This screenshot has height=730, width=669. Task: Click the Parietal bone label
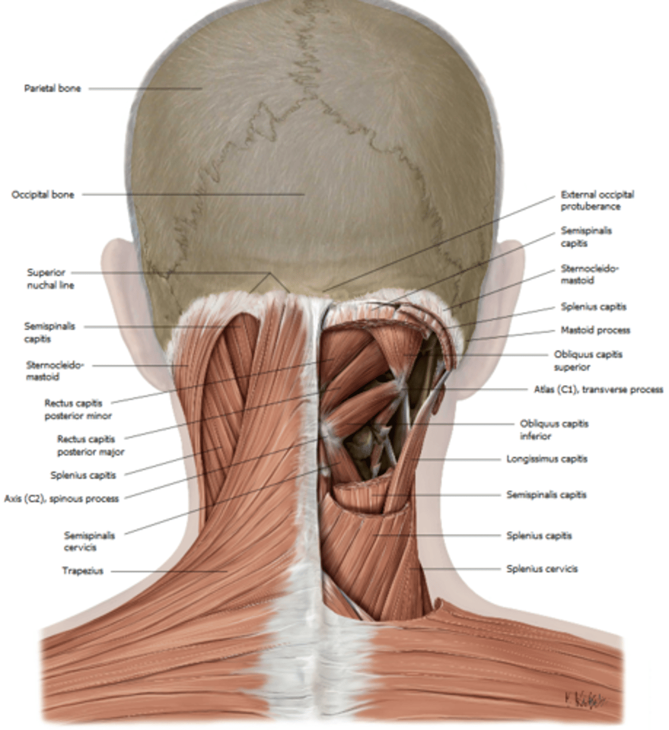pyautogui.click(x=52, y=89)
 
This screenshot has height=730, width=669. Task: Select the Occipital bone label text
pyautogui.click(x=43, y=195)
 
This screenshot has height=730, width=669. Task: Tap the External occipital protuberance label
pyautogui.click(x=597, y=201)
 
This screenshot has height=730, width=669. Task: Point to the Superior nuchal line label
pyautogui.click(x=50, y=279)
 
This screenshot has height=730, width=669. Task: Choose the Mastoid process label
pyautogui.click(x=595, y=330)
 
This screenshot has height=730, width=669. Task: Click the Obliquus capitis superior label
pyautogui.click(x=588, y=361)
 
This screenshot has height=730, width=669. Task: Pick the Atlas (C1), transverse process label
pyautogui.click(x=598, y=389)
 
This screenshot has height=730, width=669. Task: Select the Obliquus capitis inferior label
pyautogui.click(x=554, y=429)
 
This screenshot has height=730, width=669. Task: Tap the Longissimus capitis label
pyautogui.click(x=547, y=459)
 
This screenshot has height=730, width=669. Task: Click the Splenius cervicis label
pyautogui.click(x=542, y=569)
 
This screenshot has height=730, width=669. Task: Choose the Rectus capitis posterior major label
pyautogui.click(x=91, y=445)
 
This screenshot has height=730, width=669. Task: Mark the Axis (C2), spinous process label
pyautogui.click(x=61, y=498)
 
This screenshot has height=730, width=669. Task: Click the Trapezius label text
pyautogui.click(x=83, y=571)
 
